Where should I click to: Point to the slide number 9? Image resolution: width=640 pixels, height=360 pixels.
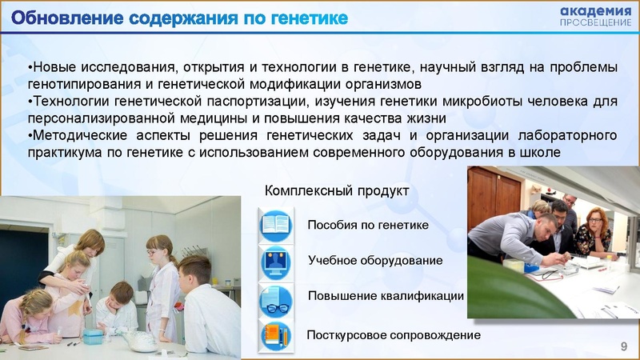tap(624, 345)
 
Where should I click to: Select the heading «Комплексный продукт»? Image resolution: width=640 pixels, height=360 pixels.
tap(336, 191)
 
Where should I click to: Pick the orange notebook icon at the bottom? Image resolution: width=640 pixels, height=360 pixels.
tap(275, 335)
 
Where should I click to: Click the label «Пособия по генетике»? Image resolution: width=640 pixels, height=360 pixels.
tap(368, 226)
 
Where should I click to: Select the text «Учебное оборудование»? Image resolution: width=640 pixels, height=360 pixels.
tap(375, 261)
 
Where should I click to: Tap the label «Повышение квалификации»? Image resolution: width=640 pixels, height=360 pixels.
tap(386, 295)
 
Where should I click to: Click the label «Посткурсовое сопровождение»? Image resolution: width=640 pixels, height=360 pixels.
tap(394, 334)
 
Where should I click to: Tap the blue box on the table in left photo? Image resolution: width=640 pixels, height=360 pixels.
tap(93, 336)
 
